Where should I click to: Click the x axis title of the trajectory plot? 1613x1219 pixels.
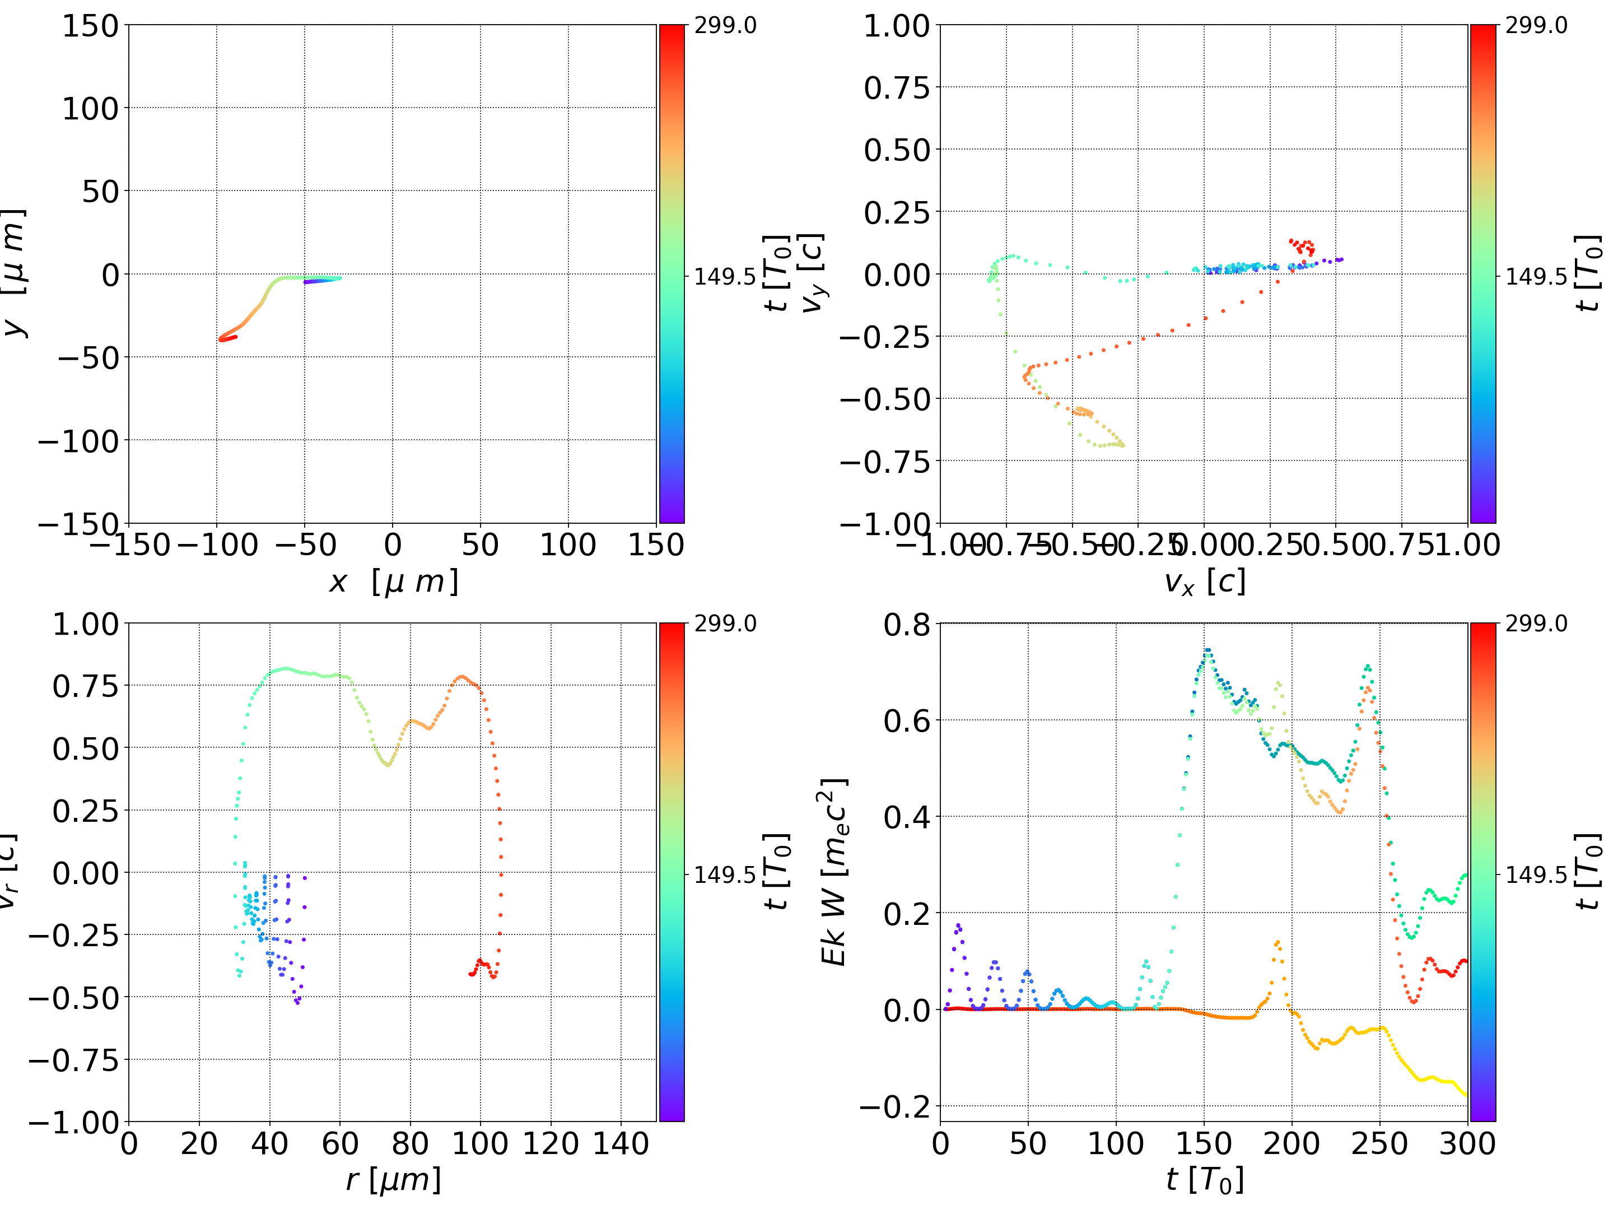tap(393, 582)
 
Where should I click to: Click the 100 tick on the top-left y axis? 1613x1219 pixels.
tap(90, 109)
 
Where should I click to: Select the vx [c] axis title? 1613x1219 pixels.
tap(1204, 582)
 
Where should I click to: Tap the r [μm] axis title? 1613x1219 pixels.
tap(393, 1180)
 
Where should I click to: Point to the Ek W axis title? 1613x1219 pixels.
tap(833, 872)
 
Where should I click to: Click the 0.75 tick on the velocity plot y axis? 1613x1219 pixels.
tap(897, 89)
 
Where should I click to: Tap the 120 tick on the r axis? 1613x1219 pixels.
tap(551, 1144)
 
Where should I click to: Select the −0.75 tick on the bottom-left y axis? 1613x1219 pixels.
tap(73, 1060)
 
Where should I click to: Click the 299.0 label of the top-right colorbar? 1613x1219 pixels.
tap(1536, 26)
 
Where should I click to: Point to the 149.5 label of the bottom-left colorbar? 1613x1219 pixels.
tap(724, 874)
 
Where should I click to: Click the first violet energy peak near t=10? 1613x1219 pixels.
tap(958, 926)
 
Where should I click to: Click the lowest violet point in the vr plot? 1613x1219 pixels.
tap(297, 1002)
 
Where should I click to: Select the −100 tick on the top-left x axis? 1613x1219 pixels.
tap(217, 546)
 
